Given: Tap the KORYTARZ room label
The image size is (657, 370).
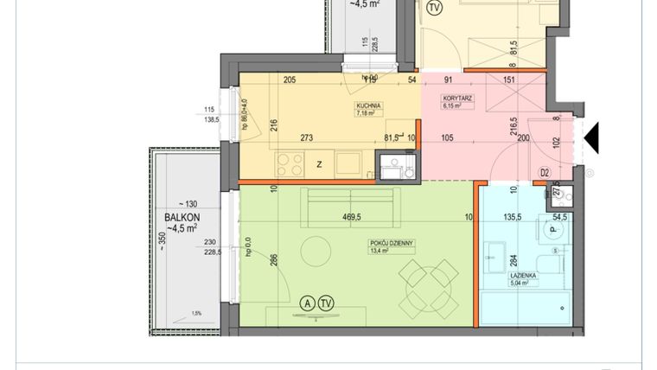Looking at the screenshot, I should (x=454, y=99).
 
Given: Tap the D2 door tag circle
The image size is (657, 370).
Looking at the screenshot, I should (x=545, y=173).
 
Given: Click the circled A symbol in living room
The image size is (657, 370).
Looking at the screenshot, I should (x=305, y=303).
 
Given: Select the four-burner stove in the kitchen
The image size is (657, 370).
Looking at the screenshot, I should (x=289, y=163).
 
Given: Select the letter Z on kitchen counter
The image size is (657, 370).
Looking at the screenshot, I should (x=319, y=165).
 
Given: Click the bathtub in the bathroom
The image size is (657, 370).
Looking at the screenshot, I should (x=524, y=309).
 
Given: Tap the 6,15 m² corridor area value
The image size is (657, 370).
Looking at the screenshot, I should (x=454, y=107).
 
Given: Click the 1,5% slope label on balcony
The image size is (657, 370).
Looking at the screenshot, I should (x=196, y=314).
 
